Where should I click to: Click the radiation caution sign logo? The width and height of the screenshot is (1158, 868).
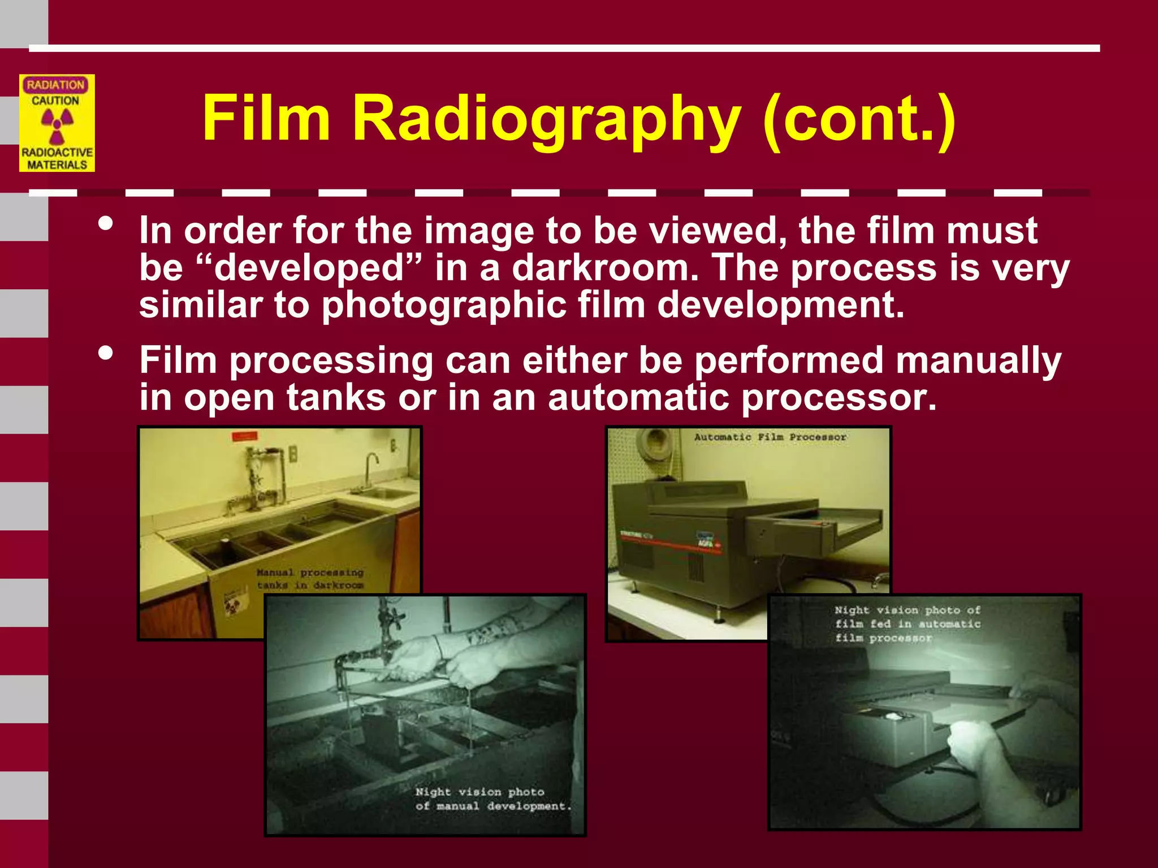coord(57,123)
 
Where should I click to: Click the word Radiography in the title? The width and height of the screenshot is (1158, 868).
coord(546,119)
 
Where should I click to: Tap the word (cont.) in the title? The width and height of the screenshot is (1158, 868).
coord(858,119)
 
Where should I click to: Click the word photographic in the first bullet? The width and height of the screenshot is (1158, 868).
coord(443,305)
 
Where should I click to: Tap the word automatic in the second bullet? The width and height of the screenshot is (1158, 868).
coord(638,398)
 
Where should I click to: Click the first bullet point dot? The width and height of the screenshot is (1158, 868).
coord(105,224)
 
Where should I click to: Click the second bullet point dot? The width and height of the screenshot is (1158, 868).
coord(105,354)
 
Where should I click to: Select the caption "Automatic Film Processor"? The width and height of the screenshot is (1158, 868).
coord(770,437)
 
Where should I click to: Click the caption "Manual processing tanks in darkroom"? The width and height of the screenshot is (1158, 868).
coord(310,579)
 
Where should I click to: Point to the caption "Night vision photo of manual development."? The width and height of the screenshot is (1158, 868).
coord(492,799)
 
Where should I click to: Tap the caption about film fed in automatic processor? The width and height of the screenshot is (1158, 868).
coord(907,624)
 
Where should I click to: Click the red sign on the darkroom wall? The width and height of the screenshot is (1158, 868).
coord(245,436)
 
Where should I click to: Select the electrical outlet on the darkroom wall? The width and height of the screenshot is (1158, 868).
coord(293,453)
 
